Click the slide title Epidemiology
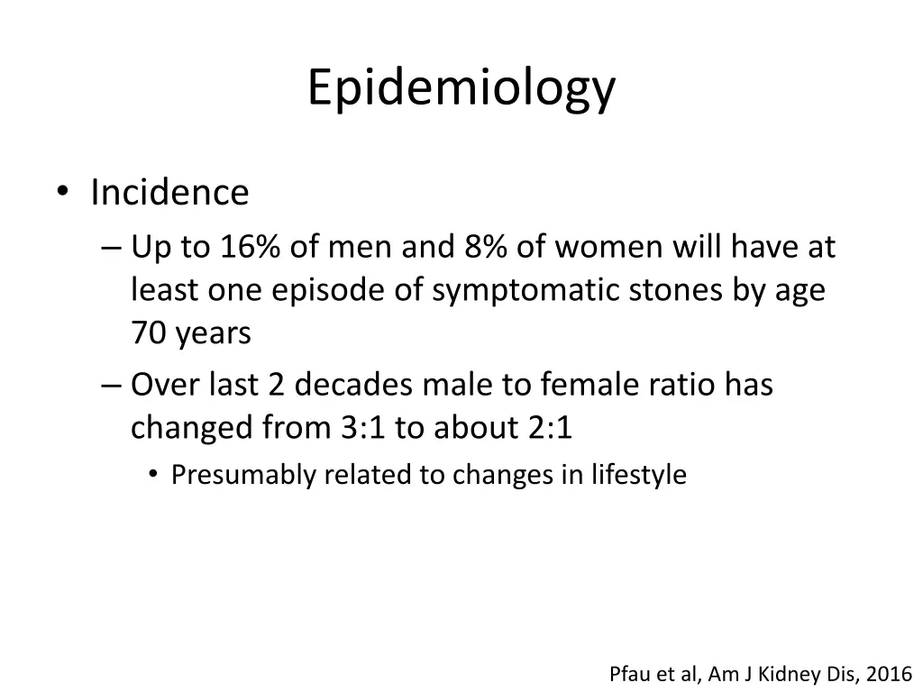click(x=461, y=88)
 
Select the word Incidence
click(x=169, y=193)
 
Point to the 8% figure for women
click(x=485, y=247)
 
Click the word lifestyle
click(x=639, y=475)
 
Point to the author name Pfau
click(x=628, y=674)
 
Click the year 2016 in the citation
click(x=891, y=674)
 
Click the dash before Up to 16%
click(x=111, y=248)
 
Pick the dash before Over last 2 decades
click(x=111, y=386)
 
